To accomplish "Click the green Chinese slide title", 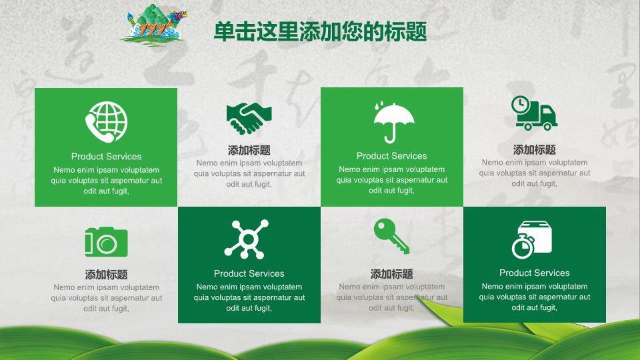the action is (321, 31).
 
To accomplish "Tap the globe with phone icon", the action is (107, 122).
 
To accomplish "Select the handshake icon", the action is (249, 119).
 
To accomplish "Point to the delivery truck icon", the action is (534, 113).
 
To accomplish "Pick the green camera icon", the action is (106, 242).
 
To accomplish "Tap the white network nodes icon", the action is (247, 239).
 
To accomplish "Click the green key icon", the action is (391, 236).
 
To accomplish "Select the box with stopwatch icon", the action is (532, 239).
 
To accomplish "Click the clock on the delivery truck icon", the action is (521, 105).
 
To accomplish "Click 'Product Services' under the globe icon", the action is (106, 156).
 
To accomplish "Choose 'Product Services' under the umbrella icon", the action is (391, 156).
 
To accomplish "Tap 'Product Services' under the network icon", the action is (249, 273).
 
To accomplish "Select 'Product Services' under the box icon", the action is (534, 273).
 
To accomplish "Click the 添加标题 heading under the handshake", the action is (249, 150).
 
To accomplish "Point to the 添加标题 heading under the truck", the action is (534, 150).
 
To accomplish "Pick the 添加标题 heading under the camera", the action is (106, 274).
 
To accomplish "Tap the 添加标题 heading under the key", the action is (391, 274).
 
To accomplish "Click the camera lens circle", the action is (107, 244).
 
